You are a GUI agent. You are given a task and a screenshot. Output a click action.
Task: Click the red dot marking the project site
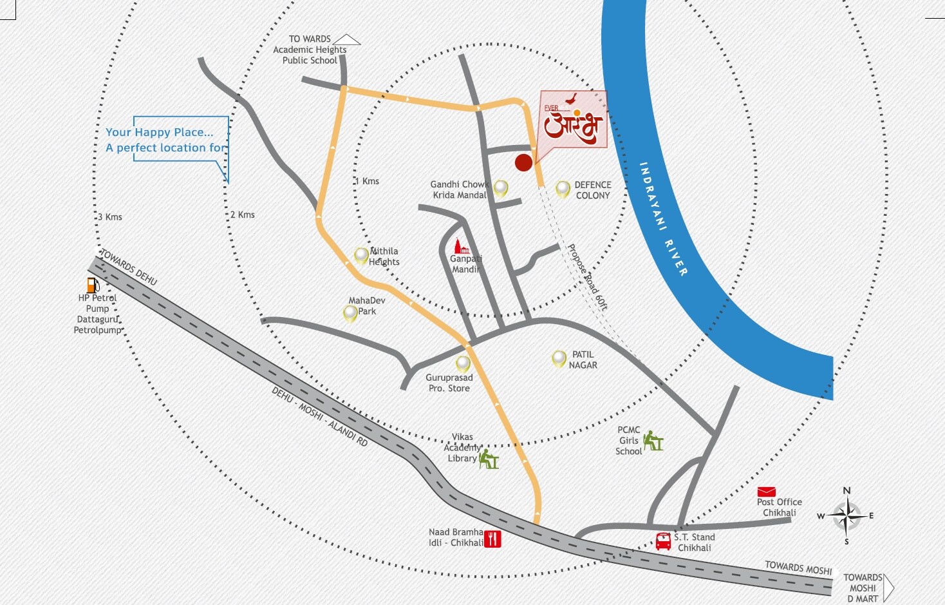(x=523, y=162)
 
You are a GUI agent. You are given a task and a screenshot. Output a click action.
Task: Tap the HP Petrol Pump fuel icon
(x=93, y=285)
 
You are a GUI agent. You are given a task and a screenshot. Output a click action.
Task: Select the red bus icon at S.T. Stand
(x=663, y=541)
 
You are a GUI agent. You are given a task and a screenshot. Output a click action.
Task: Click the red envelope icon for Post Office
(x=766, y=492)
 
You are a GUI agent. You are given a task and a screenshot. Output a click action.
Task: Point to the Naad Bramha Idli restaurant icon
(x=492, y=539)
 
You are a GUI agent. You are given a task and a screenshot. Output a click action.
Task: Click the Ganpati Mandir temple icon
(x=460, y=247)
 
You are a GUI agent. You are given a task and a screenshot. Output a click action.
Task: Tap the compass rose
(x=847, y=515)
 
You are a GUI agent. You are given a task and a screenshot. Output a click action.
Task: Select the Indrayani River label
(x=664, y=219)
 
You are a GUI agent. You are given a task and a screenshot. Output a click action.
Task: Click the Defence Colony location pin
(x=563, y=189)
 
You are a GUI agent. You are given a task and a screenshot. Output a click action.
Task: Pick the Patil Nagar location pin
(x=559, y=358)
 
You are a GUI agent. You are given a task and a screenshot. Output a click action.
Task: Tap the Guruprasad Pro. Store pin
(x=463, y=364)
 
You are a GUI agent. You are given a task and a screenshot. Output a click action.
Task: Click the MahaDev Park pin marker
(x=350, y=313)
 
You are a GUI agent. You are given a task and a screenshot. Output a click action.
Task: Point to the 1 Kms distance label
(x=367, y=181)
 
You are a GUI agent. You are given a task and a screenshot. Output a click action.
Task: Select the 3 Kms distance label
(x=110, y=216)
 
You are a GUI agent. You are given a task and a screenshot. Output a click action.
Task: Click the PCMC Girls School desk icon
(x=653, y=441)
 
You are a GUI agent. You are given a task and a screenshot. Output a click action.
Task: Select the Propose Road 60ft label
(x=587, y=277)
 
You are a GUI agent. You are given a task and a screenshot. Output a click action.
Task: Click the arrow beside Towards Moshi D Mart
(x=889, y=588)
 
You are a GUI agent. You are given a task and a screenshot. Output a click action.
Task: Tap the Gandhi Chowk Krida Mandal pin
(x=501, y=188)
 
